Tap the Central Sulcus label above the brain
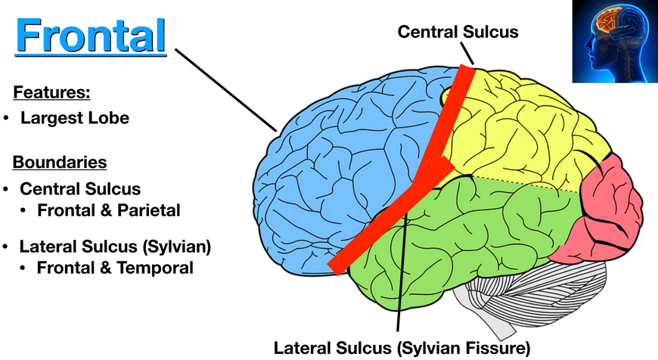[x=458, y=31]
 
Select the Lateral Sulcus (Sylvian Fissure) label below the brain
[x=403, y=348]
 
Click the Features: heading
[x=51, y=93]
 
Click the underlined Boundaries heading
[x=60, y=162]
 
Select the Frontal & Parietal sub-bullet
[x=109, y=211]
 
